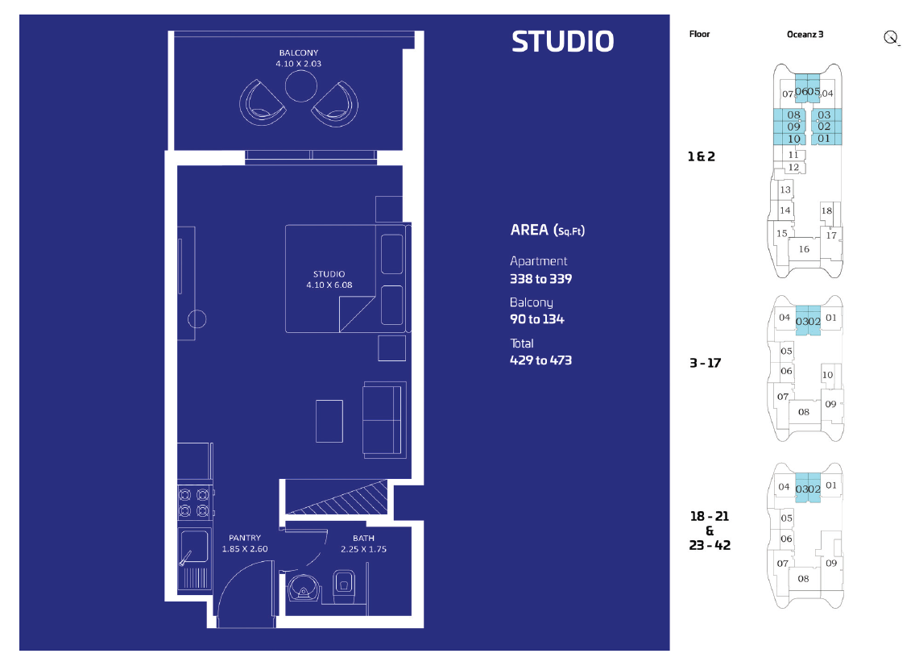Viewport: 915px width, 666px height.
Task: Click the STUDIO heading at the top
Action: [x=562, y=41]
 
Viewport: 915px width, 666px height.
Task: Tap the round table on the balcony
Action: [x=301, y=86]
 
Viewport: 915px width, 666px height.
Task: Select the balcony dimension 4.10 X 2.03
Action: [x=299, y=64]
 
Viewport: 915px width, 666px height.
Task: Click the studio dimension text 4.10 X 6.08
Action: [x=329, y=285]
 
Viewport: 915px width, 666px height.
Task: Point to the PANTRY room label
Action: [x=245, y=538]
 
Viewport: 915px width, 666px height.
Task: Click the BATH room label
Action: [x=363, y=538]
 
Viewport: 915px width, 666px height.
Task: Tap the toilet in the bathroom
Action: [x=344, y=586]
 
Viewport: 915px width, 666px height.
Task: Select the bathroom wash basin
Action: [x=303, y=589]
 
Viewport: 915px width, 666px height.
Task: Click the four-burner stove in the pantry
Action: [x=194, y=502]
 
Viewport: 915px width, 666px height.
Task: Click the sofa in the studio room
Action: [x=384, y=420]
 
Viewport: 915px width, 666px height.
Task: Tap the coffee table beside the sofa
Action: [x=329, y=421]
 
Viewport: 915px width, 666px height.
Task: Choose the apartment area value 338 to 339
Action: [x=541, y=279]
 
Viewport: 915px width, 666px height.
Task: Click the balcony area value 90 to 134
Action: [x=537, y=319]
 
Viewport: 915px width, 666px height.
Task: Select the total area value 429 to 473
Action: [x=541, y=360]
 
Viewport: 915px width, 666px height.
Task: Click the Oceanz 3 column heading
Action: [x=805, y=35]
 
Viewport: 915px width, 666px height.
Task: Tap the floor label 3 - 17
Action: [x=705, y=363]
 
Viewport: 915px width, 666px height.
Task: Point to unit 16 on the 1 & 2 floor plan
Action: [x=804, y=249]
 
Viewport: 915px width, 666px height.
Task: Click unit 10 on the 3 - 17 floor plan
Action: [x=827, y=375]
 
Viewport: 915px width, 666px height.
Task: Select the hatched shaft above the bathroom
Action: [x=337, y=497]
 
